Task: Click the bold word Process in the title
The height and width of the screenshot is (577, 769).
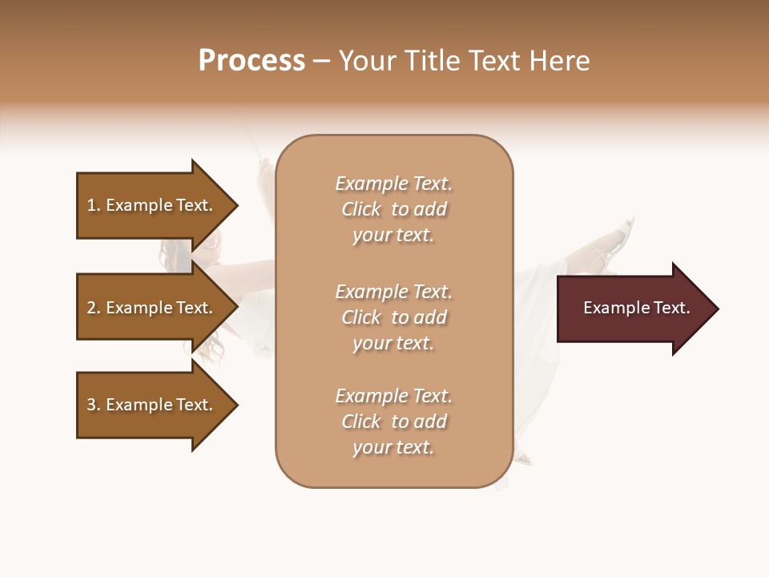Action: point(252,61)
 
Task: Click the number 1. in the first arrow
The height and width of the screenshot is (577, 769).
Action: point(94,205)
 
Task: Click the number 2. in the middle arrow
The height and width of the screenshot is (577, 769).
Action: point(94,308)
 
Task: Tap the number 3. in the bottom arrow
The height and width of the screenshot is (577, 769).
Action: point(94,405)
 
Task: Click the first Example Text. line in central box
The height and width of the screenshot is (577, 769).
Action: point(393,184)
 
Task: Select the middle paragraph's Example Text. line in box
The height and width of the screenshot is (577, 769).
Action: point(393,292)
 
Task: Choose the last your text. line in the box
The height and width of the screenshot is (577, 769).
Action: point(393,447)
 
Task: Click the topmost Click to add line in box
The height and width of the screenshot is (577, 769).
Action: point(393,209)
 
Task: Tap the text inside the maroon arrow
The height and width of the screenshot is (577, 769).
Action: point(636,308)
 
